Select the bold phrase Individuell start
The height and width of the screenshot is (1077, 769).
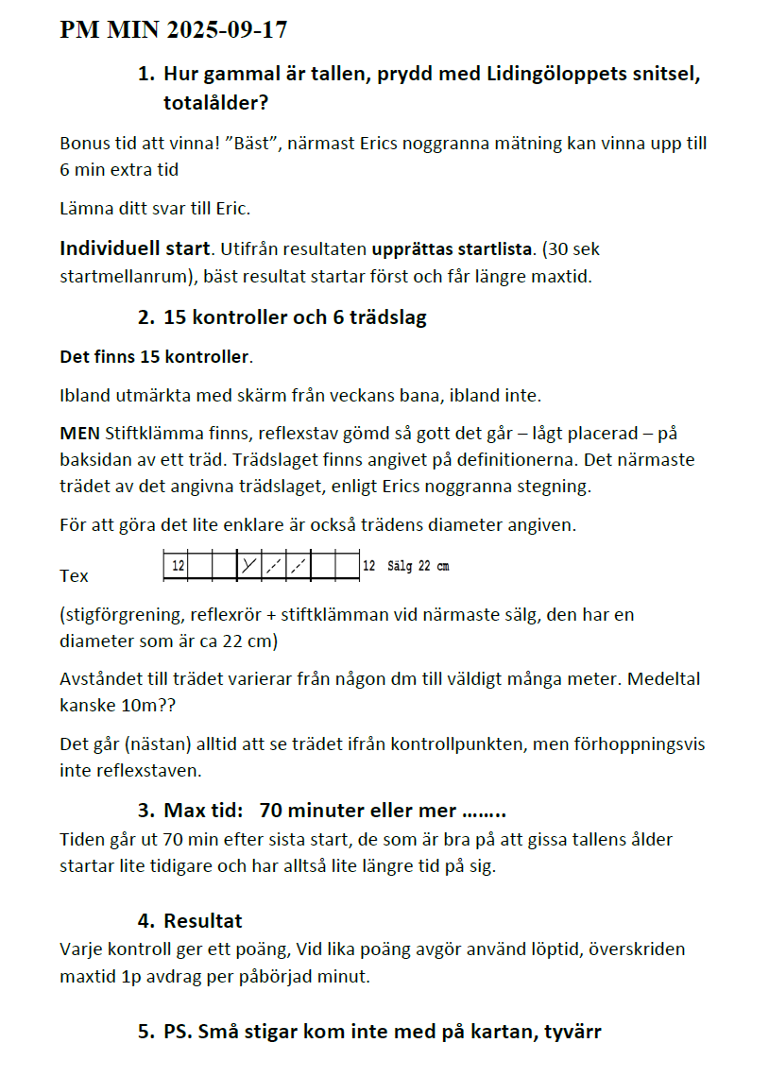pos(133,248)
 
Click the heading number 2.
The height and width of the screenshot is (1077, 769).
pos(145,317)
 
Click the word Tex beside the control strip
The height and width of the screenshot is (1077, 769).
pos(74,575)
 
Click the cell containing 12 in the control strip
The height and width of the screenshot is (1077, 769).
pos(177,566)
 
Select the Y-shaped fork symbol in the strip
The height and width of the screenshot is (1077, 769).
pos(248,566)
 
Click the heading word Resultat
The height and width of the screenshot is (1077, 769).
pos(203,920)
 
